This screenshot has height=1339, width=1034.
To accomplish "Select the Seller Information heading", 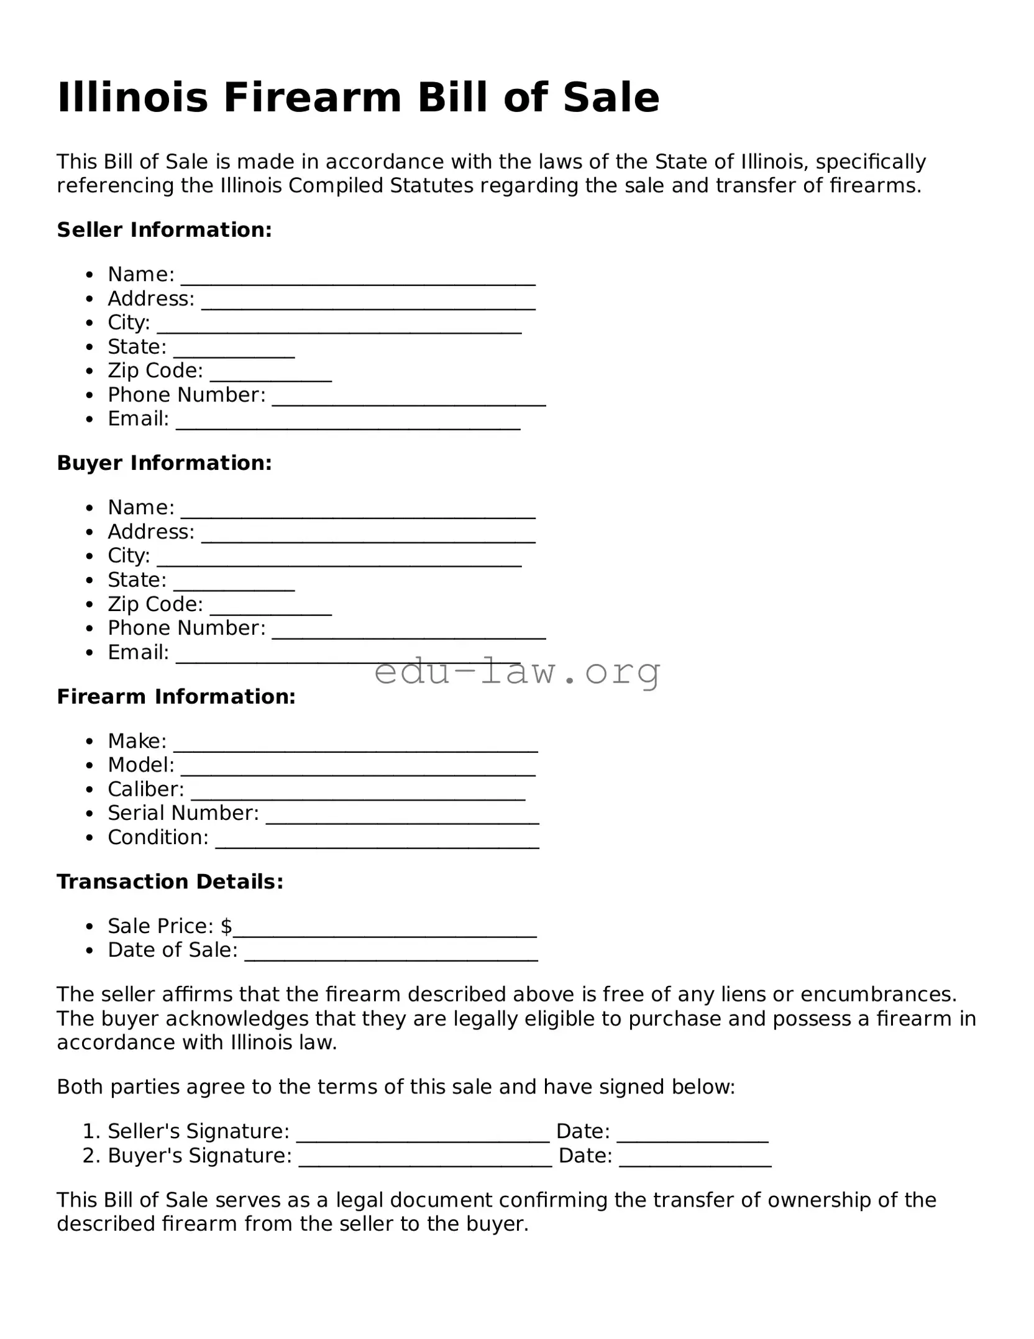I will click(x=164, y=230).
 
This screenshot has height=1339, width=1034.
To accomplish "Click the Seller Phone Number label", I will click(x=186, y=395).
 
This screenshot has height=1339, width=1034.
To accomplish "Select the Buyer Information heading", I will click(x=164, y=463).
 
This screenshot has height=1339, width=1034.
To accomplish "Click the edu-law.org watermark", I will click(x=517, y=671).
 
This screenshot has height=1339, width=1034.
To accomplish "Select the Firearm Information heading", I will click(x=176, y=697).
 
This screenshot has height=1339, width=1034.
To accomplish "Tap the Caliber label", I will click(x=145, y=789).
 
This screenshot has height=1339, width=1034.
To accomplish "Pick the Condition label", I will click(x=158, y=837).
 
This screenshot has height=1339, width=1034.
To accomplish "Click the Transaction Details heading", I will click(x=170, y=882).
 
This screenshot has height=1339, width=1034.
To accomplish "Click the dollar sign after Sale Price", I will click(x=226, y=926).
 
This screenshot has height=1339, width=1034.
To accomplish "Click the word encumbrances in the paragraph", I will click(x=877, y=995).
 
